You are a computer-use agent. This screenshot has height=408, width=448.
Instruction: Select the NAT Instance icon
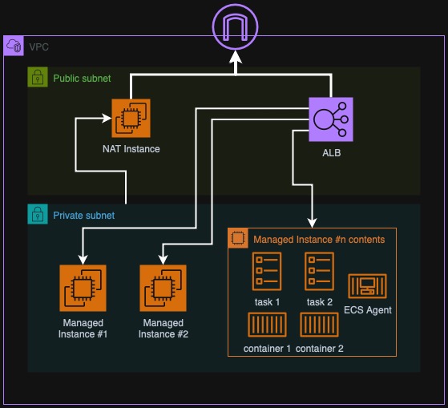coord(131,119)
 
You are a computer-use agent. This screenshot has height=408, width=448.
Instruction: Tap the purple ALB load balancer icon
coord(331,119)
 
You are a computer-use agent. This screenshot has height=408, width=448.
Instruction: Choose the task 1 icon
coord(266,272)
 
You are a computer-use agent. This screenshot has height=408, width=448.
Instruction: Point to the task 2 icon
coord(319,272)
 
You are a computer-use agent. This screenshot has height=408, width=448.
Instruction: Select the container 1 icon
coord(266,325)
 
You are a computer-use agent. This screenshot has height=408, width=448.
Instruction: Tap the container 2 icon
coord(319,325)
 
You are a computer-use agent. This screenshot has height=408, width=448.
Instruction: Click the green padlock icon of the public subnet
coord(37,78)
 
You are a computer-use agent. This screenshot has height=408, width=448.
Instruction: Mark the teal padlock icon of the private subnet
coord(37,215)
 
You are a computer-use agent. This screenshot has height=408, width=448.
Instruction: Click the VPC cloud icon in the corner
coord(14,46)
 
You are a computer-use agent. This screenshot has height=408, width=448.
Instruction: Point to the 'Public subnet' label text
coord(82,79)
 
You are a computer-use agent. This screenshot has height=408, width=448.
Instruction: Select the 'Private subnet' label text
coord(83,216)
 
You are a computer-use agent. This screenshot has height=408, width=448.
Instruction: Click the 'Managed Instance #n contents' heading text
coord(318,239)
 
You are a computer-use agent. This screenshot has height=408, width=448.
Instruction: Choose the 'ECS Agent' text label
coord(367,310)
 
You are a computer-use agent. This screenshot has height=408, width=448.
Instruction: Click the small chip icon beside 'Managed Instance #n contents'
coord(237,239)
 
